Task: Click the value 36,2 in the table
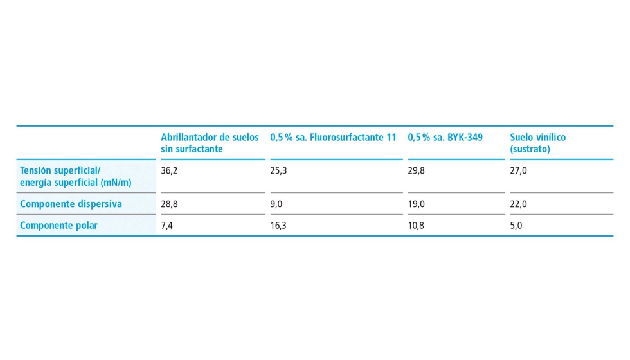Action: [x=169, y=171]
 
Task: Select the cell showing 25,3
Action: [x=278, y=171]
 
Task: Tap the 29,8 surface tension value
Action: [x=416, y=171]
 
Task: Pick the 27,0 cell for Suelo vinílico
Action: [x=518, y=171]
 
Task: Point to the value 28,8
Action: [x=169, y=204]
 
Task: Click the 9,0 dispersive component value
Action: [x=276, y=204]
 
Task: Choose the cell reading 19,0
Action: [x=416, y=204]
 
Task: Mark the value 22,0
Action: [x=518, y=204]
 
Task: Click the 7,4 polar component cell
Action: [x=166, y=226]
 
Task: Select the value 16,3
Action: [x=278, y=226]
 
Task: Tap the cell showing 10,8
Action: [x=416, y=226]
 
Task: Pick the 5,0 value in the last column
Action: [x=516, y=226]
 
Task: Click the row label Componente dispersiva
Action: [x=71, y=204]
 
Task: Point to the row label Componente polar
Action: [x=59, y=226]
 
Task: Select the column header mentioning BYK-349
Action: [x=445, y=138]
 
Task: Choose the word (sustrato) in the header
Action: [x=530, y=149]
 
